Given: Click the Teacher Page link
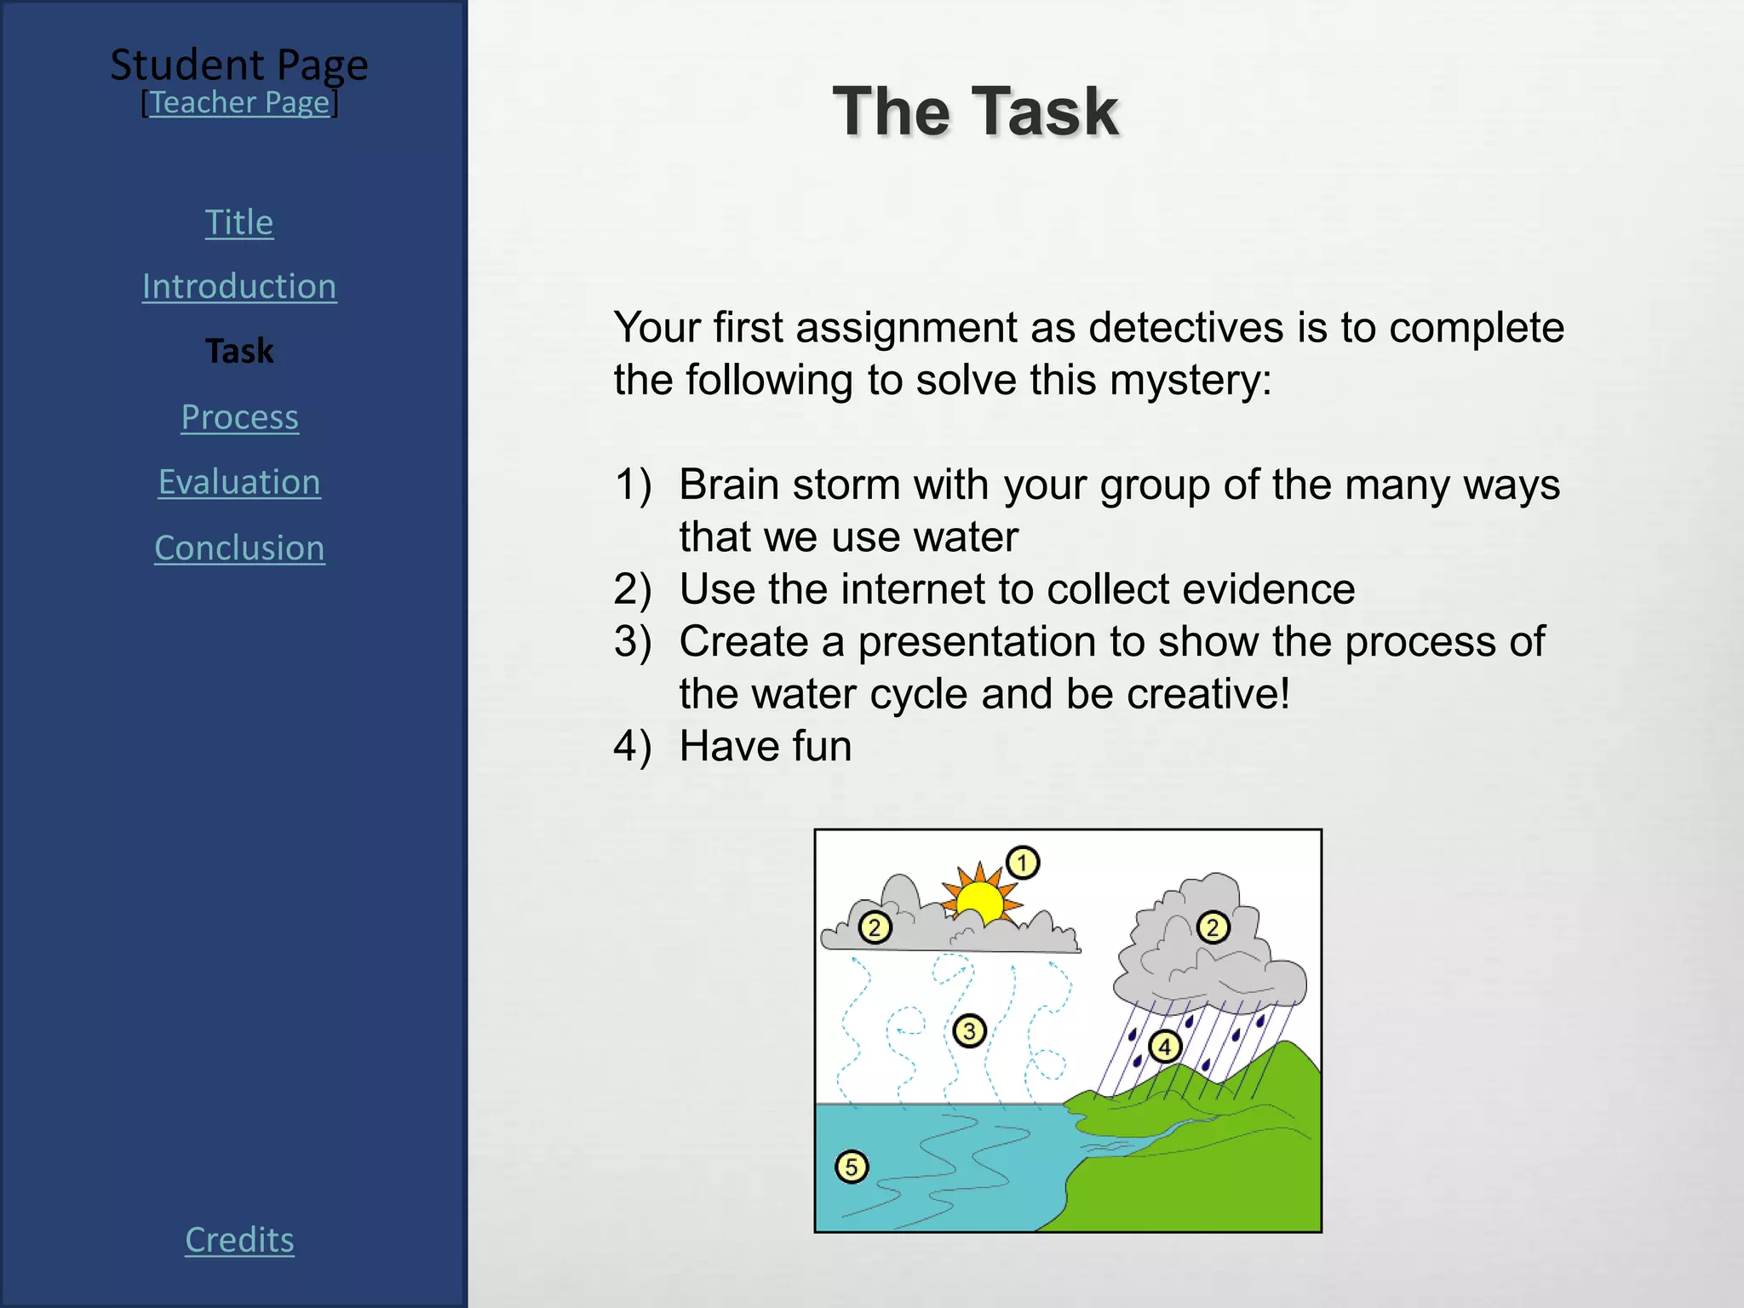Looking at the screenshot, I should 239,103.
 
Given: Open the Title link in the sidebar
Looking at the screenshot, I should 239,223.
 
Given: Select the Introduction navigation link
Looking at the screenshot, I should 239,287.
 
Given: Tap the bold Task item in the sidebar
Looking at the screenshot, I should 239,352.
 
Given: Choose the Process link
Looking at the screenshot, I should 239,417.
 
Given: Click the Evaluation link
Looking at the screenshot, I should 239,483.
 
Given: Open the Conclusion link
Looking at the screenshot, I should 239,548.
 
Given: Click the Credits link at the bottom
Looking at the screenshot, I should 239,1241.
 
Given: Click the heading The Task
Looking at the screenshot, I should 975,112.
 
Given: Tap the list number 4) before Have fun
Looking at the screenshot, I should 633,747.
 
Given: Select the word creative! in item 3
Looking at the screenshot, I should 1208,694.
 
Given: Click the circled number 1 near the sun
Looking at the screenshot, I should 1023,863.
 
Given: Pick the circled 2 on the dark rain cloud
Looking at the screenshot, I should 1213,927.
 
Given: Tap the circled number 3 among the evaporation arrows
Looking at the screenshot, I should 969,1031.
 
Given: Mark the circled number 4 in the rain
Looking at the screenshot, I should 1165,1047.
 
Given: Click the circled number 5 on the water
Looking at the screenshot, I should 852,1167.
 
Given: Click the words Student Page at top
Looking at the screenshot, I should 239,65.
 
